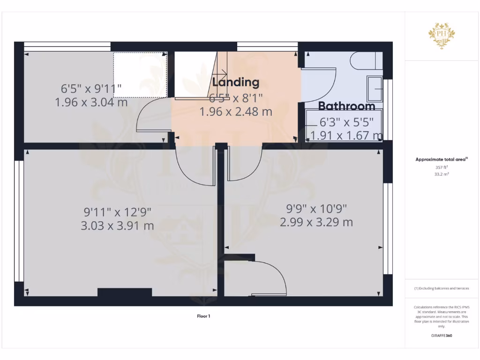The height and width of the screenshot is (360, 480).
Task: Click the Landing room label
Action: (x=236, y=82)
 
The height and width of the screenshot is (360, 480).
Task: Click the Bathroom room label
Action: (x=347, y=106)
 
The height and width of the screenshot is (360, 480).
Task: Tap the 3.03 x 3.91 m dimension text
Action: (x=117, y=226)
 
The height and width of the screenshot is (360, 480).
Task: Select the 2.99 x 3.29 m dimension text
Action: (x=316, y=222)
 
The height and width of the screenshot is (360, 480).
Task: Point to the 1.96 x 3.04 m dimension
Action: (x=91, y=102)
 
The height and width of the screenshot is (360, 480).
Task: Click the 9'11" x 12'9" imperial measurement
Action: (x=117, y=212)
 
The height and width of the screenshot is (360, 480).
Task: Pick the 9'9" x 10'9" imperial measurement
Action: (x=316, y=208)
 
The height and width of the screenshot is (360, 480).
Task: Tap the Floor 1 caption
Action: (x=203, y=316)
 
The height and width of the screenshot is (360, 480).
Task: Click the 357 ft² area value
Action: (x=442, y=167)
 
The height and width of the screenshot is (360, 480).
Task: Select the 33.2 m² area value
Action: (x=442, y=174)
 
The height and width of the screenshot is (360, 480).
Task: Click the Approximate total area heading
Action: (x=441, y=160)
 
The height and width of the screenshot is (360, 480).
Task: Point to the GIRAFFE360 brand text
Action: (x=442, y=336)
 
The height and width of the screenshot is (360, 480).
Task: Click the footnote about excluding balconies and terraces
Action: (x=442, y=288)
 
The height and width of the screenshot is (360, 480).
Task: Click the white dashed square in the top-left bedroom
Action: (x=140, y=75)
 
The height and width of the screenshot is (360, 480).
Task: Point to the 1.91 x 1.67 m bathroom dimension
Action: (x=347, y=136)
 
